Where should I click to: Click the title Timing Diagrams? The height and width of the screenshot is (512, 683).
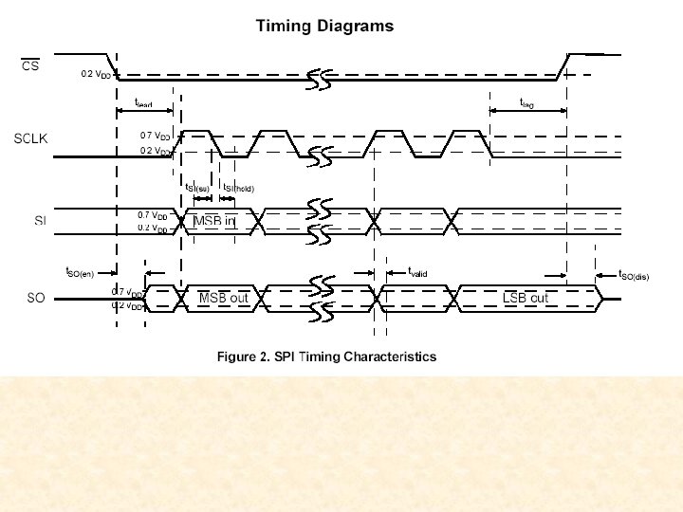coord(324,27)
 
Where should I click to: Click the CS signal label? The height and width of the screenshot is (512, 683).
coord(30,66)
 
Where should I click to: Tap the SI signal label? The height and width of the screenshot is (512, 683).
coord(40,221)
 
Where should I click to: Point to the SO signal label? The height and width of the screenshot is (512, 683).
coord(36,298)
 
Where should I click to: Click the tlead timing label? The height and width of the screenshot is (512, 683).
coord(143,102)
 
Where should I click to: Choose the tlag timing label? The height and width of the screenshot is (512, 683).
coord(526,102)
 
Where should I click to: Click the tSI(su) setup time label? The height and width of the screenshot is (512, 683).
coord(196,188)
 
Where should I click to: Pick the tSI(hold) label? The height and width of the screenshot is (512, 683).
coord(238,188)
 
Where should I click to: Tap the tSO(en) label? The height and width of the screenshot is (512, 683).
coord(80,272)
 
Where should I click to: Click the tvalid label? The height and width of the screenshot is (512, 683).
coord(417,272)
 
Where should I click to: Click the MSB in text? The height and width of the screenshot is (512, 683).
coord(215,221)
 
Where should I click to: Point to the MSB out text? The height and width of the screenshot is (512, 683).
coord(223,298)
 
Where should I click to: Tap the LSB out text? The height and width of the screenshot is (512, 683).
coord(525,298)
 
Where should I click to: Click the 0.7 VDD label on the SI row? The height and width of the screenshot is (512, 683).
coord(153,215)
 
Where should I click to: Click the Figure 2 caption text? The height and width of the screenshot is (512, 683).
coord(326,357)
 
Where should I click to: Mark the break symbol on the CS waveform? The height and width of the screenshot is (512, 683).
coord(319,80)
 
